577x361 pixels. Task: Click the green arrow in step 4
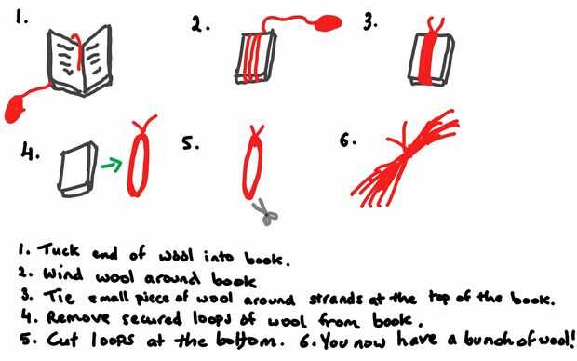coord(112,165)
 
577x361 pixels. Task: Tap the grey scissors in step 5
coord(265,212)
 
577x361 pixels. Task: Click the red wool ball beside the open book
coord(16,109)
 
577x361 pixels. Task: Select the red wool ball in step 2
coord(328,23)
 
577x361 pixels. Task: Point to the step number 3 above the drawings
coord(369,23)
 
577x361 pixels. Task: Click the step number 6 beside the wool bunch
coord(346,140)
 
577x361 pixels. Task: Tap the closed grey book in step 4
coord(77,169)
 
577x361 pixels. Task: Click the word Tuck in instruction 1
coord(59,250)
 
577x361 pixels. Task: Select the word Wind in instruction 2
coord(62,274)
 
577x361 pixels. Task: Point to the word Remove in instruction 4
coord(78,317)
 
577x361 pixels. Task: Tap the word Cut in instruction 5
coord(62,340)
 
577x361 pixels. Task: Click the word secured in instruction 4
coord(152,319)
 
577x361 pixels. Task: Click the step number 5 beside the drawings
coord(190,142)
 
